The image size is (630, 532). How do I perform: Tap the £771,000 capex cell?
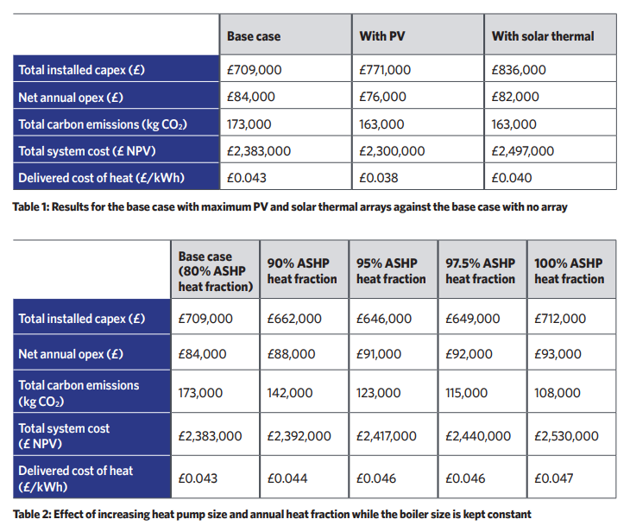pyautogui.click(x=385, y=70)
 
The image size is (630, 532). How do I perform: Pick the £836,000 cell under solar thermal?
pyautogui.click(x=519, y=70)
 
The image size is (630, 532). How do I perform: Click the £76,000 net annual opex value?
pyautogui.click(x=382, y=97)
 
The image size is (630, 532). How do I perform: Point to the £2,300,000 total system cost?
pyautogui.click(x=392, y=151)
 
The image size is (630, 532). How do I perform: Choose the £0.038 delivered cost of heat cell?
pyautogui.click(x=379, y=178)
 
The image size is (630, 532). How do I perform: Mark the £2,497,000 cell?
pyautogui.click(x=523, y=151)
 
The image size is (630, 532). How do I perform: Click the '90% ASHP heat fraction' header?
pyautogui.click(x=302, y=270)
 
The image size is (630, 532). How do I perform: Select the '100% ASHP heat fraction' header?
pyautogui.click(x=570, y=270)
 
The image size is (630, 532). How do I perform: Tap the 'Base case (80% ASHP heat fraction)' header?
pyautogui.click(x=216, y=271)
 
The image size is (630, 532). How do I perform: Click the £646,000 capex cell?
pyautogui.click(x=384, y=319)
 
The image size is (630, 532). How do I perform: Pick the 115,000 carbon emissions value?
pyautogui.click(x=467, y=393)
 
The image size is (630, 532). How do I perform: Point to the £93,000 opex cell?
pyautogui.click(x=558, y=354)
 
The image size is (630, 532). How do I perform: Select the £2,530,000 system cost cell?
pyautogui.click(x=566, y=436)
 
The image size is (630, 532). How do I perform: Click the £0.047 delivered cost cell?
pyautogui.click(x=554, y=478)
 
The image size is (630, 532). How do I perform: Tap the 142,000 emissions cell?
pyautogui.click(x=290, y=393)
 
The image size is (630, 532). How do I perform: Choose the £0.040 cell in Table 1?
pyautogui.click(x=512, y=178)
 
